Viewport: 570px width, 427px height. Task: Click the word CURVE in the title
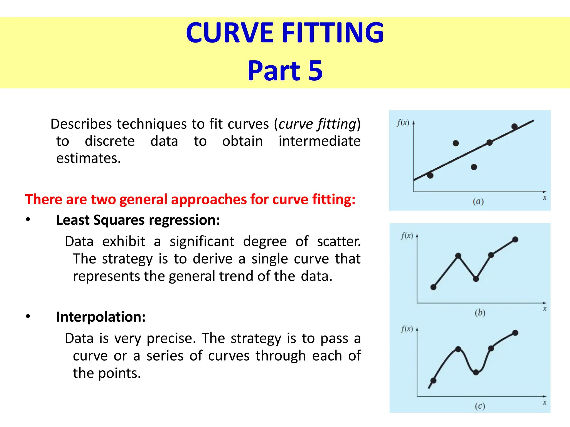[230, 33]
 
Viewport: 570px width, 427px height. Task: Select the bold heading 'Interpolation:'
[101, 317]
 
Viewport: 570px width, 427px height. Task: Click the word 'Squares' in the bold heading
[119, 220]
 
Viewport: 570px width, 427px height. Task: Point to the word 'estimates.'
[89, 158]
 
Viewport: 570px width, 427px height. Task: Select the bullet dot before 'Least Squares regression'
[28, 220]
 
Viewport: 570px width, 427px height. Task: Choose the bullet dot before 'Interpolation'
[28, 316]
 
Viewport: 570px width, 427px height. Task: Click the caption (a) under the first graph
[478, 201]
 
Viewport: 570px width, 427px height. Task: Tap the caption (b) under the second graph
[480, 313]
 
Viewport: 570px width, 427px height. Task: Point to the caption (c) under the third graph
[480, 406]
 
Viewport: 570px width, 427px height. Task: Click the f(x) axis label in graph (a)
[403, 123]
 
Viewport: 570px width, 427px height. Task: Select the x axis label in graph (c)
[545, 402]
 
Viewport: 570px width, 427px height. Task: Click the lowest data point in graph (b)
[433, 287]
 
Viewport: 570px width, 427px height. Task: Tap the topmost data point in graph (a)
[514, 126]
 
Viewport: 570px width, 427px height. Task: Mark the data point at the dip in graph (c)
[476, 372]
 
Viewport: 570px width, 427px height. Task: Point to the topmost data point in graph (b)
[515, 239]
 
